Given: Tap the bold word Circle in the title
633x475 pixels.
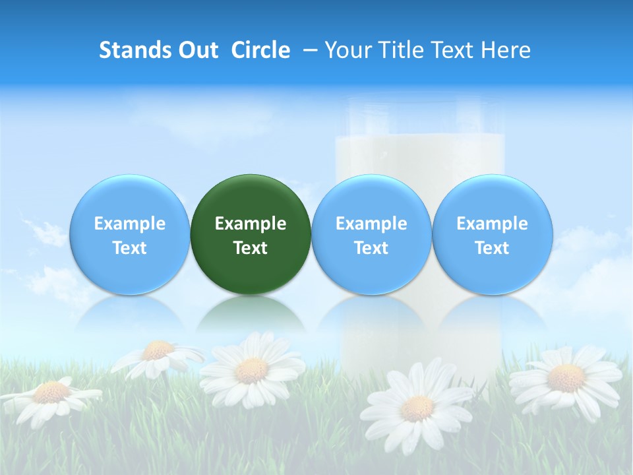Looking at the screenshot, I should coord(260,50).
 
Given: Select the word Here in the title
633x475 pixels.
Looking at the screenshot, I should coord(504,50).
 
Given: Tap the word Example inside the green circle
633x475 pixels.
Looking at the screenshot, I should coord(251,224).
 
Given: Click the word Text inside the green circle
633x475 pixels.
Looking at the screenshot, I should coord(251,248).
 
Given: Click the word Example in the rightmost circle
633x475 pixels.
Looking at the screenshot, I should coord(492,224).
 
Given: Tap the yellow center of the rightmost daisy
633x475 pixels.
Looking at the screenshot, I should coord(566,378).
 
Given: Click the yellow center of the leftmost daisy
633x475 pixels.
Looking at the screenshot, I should coord(51,393).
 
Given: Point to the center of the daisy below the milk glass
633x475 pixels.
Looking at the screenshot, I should coord(417,408).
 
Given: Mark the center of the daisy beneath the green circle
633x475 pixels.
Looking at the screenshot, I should coord(251,370).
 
